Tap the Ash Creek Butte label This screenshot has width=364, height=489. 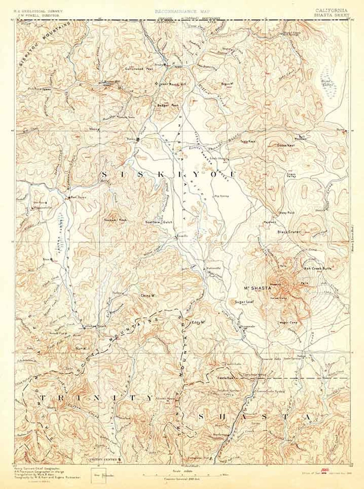click(x=318, y=269)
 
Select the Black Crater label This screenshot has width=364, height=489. click(x=289, y=232)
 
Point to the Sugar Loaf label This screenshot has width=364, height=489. click(x=244, y=302)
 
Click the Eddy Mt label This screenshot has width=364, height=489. click(x=199, y=322)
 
